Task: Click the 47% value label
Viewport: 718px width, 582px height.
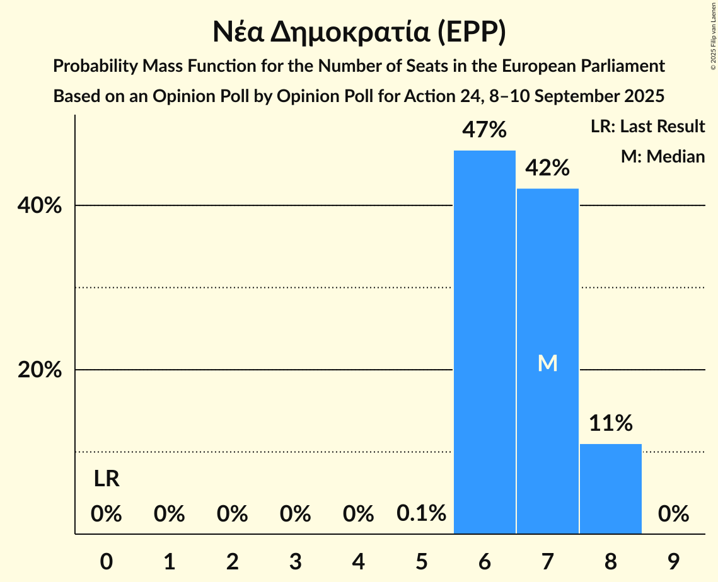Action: (484, 130)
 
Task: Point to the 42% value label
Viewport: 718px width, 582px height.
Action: (547, 168)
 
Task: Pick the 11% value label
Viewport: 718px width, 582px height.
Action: (610, 423)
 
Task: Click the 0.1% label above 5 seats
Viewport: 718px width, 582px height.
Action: (421, 514)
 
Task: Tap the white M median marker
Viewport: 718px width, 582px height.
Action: (547, 363)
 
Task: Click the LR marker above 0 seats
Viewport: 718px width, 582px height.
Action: (107, 479)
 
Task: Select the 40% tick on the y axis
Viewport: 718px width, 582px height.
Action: (40, 206)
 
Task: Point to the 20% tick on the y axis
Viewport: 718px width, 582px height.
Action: (40, 370)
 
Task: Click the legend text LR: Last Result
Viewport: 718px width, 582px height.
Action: (647, 127)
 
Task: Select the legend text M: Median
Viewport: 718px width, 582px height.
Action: (663, 156)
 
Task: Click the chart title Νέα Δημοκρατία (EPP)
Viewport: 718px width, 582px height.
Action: (359, 33)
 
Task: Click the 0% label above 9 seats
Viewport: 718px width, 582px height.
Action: (673, 514)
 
